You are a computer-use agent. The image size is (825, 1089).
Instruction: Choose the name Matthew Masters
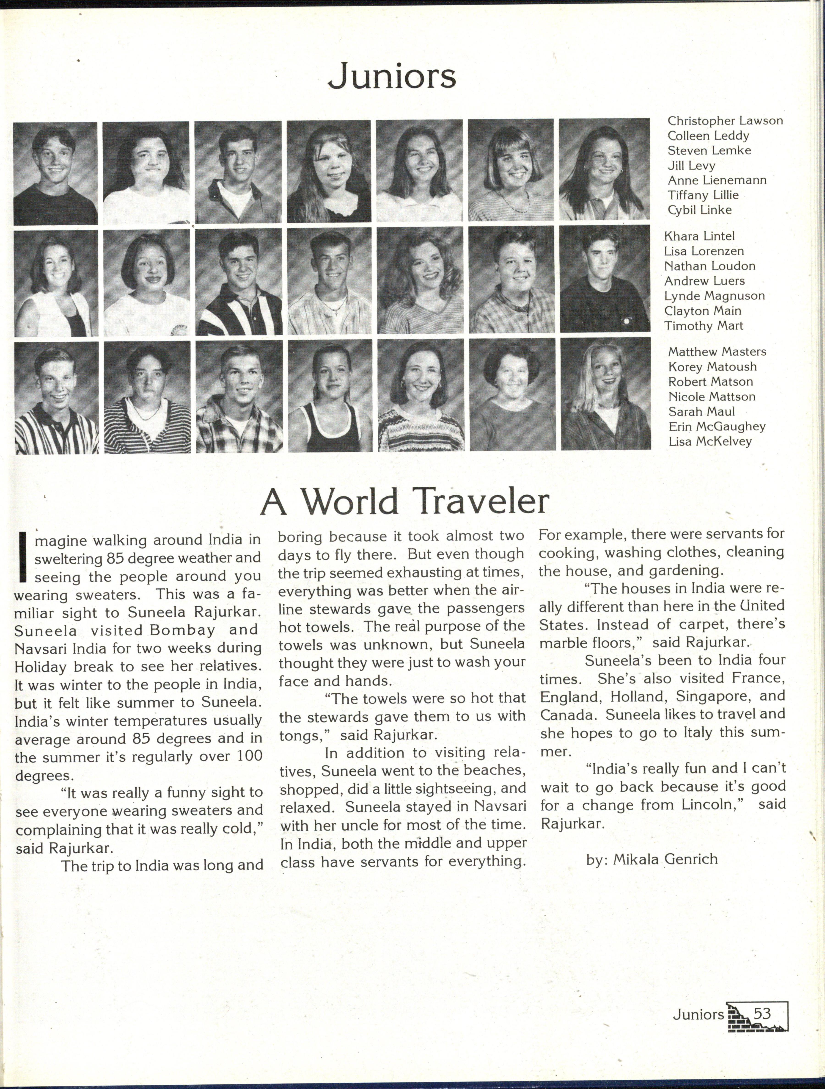pyautogui.click(x=717, y=352)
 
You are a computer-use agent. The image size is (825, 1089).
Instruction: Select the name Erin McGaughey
pyautogui.click(x=716, y=427)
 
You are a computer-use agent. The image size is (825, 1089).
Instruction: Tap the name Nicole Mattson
pyautogui.click(x=711, y=397)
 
